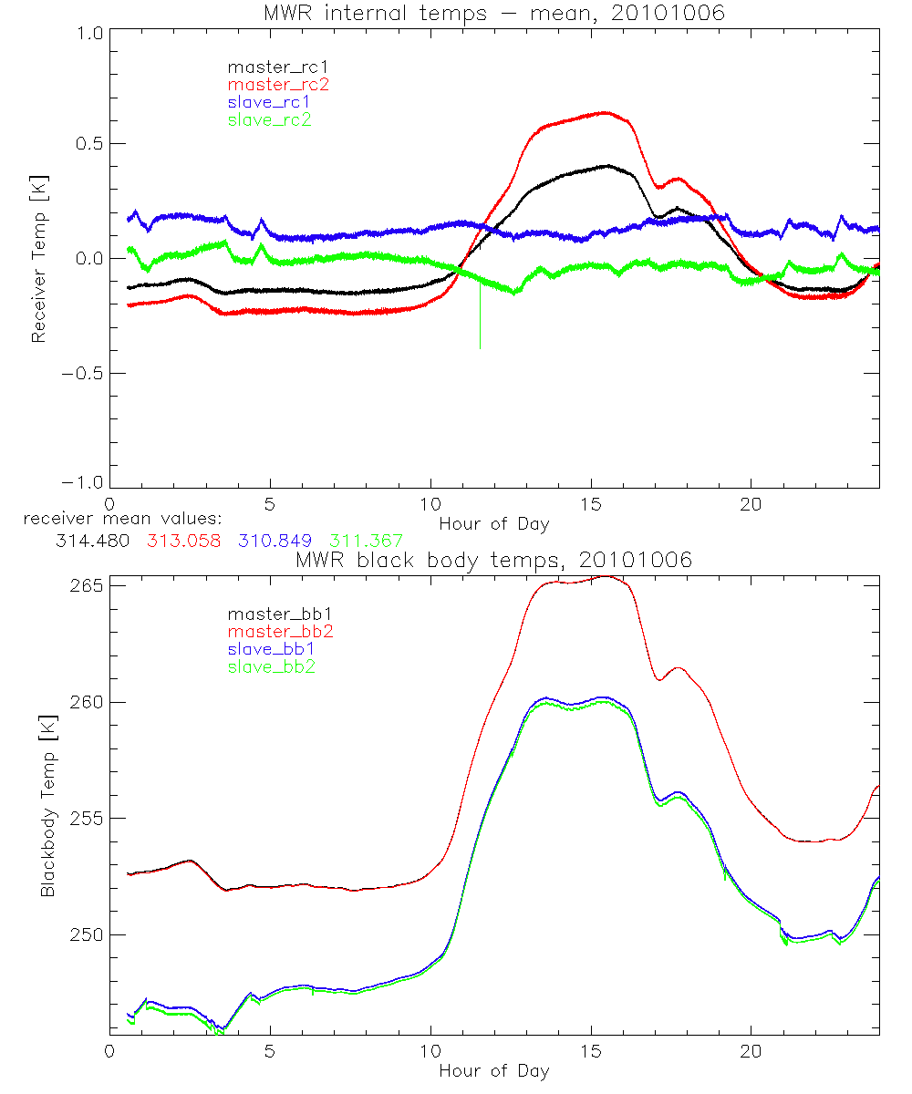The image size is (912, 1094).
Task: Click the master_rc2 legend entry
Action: point(278,84)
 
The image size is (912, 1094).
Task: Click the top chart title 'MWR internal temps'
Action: point(493,12)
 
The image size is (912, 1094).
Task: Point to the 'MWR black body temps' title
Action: point(493,560)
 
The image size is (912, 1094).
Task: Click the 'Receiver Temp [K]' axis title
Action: point(38,260)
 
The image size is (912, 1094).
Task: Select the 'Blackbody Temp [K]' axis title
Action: point(47,806)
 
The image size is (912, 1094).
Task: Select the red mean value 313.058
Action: point(183,541)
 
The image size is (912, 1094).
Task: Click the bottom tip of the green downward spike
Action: point(480,348)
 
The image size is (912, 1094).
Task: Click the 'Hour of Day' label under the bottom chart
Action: point(493,1070)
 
